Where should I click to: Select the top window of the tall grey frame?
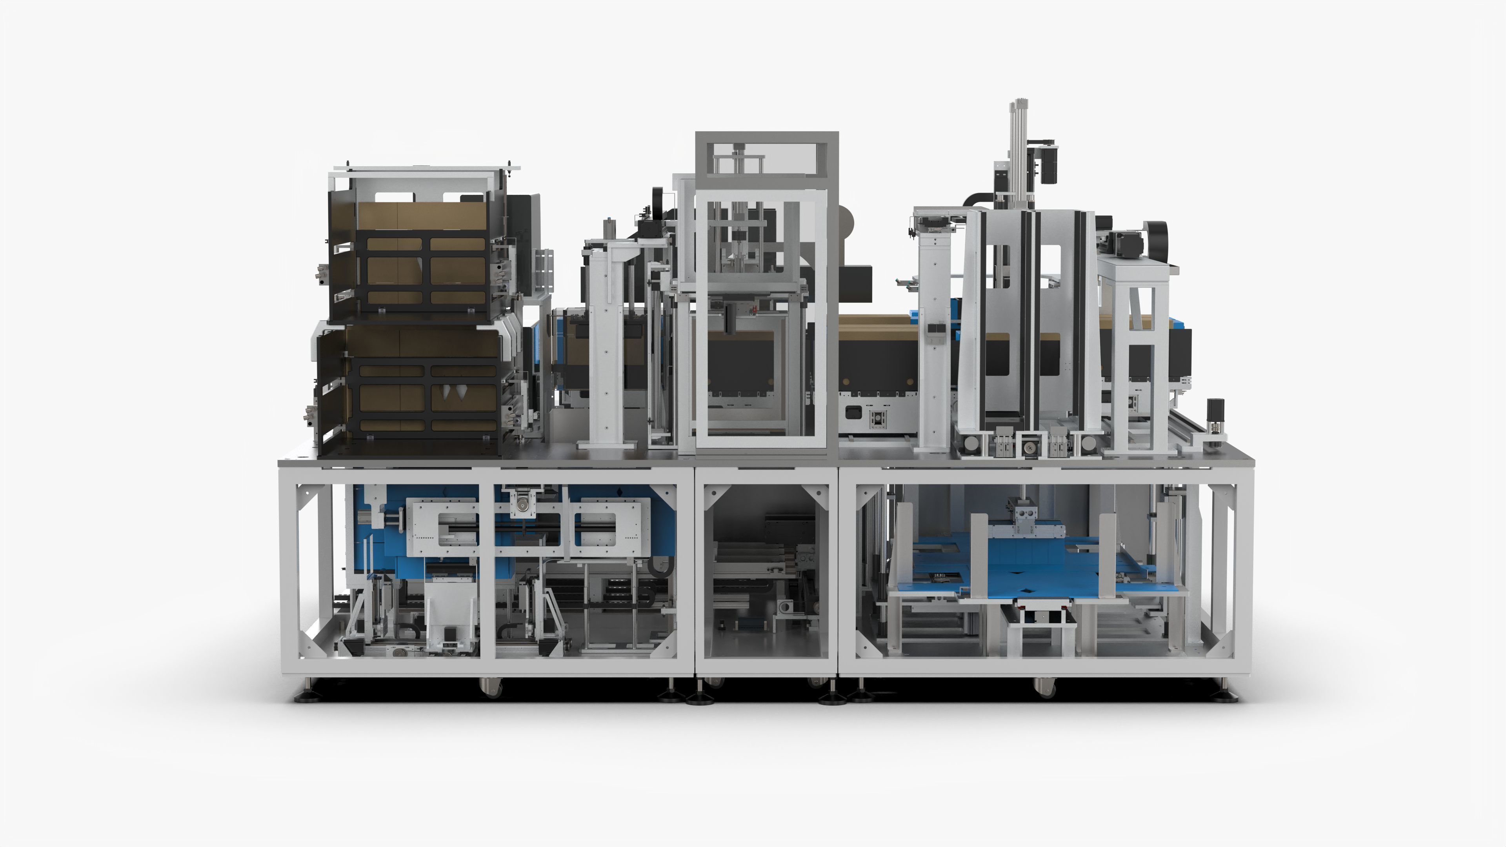click(766, 158)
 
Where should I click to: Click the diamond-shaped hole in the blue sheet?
click(1027, 593)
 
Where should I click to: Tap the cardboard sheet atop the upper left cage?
click(421, 216)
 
